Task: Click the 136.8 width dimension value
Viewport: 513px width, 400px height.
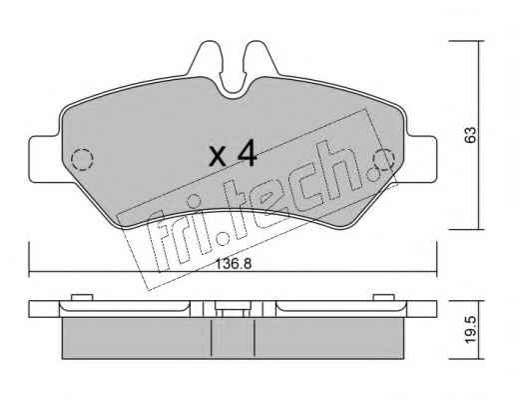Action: [x=234, y=264]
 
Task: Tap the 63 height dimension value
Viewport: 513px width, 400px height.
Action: [x=470, y=135]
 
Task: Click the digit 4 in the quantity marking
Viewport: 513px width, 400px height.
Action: [x=246, y=153]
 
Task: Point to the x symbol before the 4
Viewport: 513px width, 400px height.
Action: [x=218, y=157]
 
